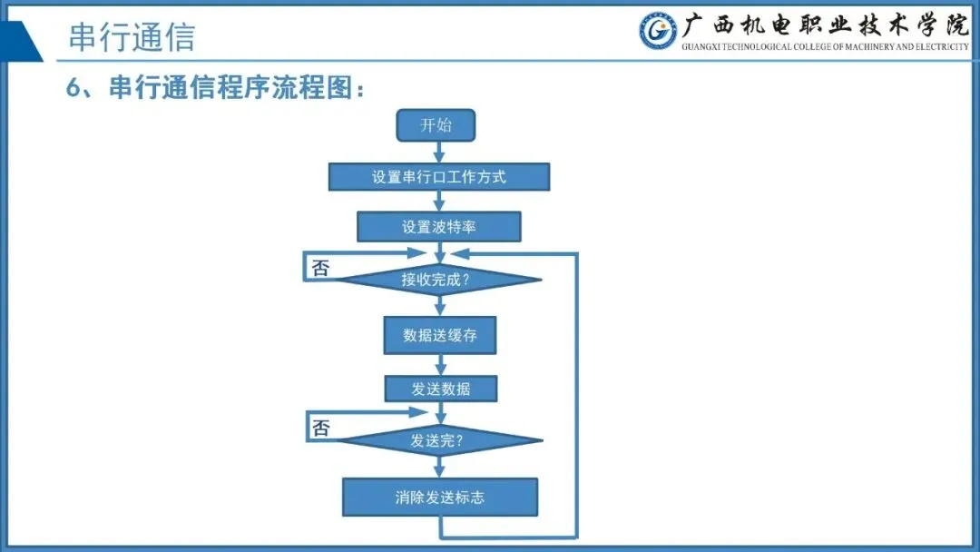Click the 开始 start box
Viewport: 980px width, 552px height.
tap(436, 125)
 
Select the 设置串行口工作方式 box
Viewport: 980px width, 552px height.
tap(439, 177)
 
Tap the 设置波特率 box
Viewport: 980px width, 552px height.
tap(439, 227)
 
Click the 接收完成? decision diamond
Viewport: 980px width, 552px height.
tap(439, 280)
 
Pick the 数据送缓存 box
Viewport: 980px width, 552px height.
tap(440, 335)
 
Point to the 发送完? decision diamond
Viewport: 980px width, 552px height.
tap(439, 442)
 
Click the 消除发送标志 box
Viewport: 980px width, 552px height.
tap(440, 498)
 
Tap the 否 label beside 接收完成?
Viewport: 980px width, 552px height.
tap(320, 268)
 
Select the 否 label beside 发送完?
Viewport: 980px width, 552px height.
tap(320, 428)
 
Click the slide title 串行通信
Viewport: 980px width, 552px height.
tap(132, 37)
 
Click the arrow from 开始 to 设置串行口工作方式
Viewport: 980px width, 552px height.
tap(439, 153)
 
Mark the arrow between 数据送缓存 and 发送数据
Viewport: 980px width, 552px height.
tap(440, 365)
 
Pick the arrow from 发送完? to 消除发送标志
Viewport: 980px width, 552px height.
tap(439, 468)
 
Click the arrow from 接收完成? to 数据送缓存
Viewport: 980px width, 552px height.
tap(439, 306)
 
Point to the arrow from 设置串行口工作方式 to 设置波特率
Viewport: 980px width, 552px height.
tap(439, 202)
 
